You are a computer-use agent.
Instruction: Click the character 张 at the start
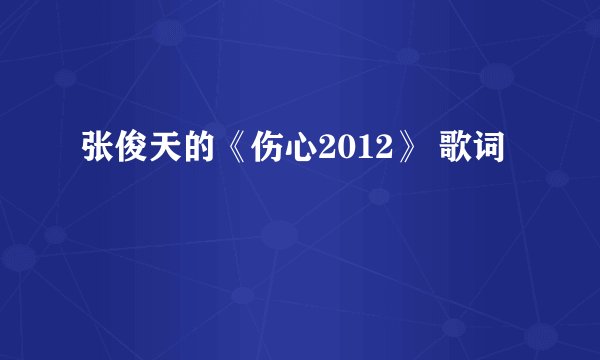[x=95, y=158]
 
